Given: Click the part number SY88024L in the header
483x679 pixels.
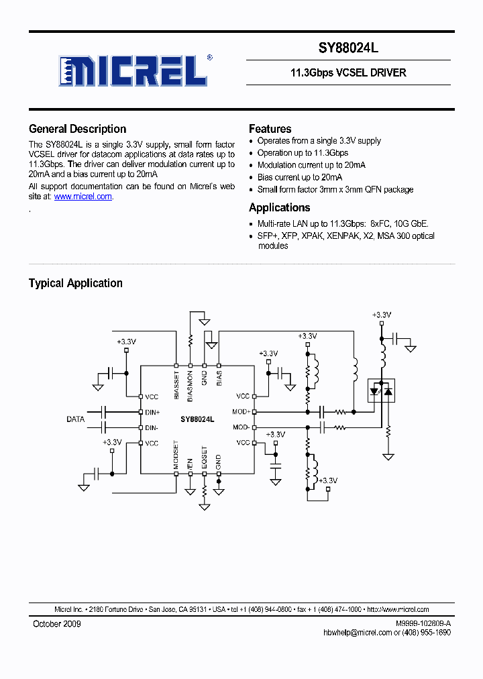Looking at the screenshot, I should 348,48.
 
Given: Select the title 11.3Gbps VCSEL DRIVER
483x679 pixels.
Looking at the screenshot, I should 348,72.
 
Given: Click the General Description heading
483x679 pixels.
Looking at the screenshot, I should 77,129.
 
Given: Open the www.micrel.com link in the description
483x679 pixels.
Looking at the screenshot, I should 83,197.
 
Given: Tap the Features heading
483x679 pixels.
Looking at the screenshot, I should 270,129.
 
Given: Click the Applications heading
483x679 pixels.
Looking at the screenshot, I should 279,208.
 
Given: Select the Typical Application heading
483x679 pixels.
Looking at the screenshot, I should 75,283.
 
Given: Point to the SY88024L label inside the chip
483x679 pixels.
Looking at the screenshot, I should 197,419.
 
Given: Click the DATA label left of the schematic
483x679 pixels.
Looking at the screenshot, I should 75,419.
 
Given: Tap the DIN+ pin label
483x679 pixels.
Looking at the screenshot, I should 152,412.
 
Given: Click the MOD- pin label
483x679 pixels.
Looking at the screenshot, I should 241,427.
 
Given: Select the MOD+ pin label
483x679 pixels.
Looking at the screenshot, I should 241,412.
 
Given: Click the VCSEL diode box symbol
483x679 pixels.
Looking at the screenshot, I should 382,389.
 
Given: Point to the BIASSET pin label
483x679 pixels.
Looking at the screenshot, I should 176,386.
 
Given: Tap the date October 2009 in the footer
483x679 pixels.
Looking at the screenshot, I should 57,624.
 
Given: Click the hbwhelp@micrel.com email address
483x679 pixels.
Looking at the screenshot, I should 357,633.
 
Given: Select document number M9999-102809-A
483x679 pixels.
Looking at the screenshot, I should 423,624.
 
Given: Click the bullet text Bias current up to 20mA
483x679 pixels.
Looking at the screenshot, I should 300,177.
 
